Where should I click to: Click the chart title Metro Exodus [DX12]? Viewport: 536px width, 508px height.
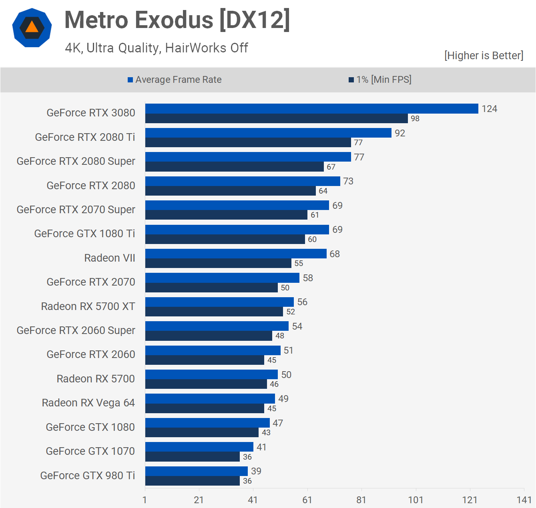(177, 20)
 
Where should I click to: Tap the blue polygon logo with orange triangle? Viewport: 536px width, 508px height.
(32, 28)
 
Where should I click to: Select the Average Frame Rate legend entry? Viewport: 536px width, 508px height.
(175, 80)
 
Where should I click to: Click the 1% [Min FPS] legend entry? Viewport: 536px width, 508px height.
(380, 80)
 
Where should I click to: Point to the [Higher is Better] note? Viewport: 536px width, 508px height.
(484, 55)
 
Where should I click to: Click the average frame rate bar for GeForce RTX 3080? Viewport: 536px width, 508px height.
(311, 109)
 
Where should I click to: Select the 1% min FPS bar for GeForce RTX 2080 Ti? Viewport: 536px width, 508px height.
(248, 143)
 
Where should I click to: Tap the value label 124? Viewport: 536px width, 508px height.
(489, 109)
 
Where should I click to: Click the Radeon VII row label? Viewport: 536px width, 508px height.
(110, 258)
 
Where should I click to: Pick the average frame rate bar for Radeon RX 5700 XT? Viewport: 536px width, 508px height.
(219, 302)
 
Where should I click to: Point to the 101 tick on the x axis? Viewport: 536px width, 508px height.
(416, 500)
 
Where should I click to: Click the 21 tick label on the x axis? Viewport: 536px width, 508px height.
(199, 500)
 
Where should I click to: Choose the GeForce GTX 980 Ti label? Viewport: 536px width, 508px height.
(88, 476)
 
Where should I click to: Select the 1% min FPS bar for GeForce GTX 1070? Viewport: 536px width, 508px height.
(192, 457)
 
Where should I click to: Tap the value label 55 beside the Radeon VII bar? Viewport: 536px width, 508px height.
(299, 264)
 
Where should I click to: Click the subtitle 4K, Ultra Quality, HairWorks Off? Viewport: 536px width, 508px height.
(157, 48)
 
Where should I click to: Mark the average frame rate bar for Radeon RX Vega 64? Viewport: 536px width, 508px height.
(210, 399)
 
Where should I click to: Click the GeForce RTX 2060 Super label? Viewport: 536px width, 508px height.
(76, 330)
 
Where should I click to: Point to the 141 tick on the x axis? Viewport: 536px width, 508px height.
(524, 500)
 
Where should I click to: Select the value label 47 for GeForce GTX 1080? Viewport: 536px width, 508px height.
(278, 423)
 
